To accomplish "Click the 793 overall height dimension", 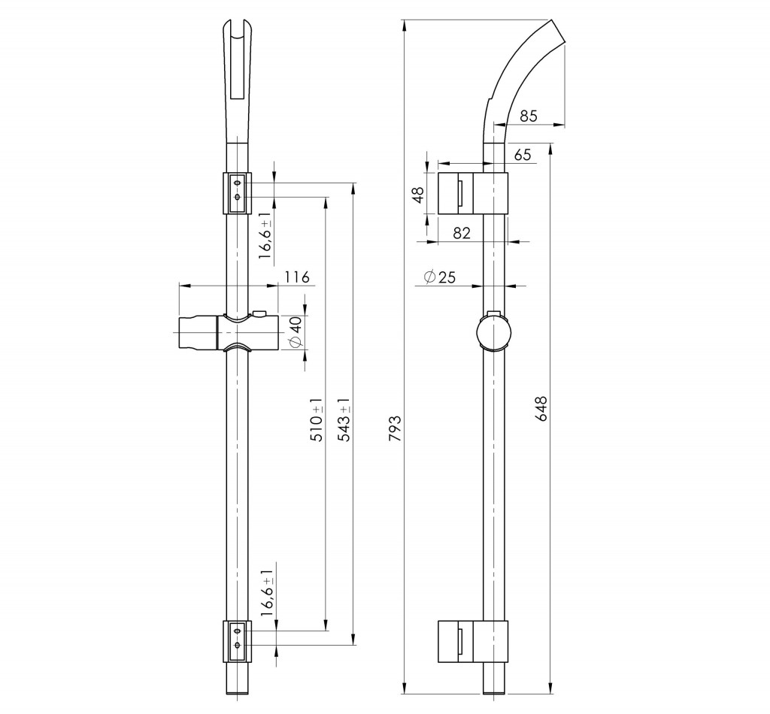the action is click(396, 428).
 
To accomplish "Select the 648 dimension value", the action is click(541, 408).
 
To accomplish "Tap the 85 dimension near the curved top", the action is click(529, 116).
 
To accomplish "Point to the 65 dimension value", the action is click(523, 155).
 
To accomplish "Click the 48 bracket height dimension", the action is click(418, 195).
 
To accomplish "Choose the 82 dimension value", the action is click(461, 232).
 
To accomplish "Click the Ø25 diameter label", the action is click(439, 277).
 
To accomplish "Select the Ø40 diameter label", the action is click(296, 333).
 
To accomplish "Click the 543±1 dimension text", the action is click(345, 419).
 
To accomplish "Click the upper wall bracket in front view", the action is click(237, 193).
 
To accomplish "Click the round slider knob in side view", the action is click(494, 331).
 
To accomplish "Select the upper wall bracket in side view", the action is click(473, 193).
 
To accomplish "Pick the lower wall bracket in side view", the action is click(473, 641).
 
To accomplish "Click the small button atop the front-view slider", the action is click(259, 313).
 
